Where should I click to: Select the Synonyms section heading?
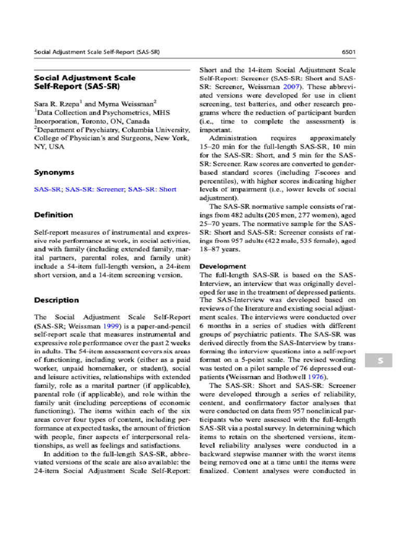point(54,172)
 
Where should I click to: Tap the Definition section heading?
point(54,215)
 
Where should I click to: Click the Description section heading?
point(56,300)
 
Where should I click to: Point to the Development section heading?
point(223,266)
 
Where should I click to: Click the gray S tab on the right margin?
point(380,361)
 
